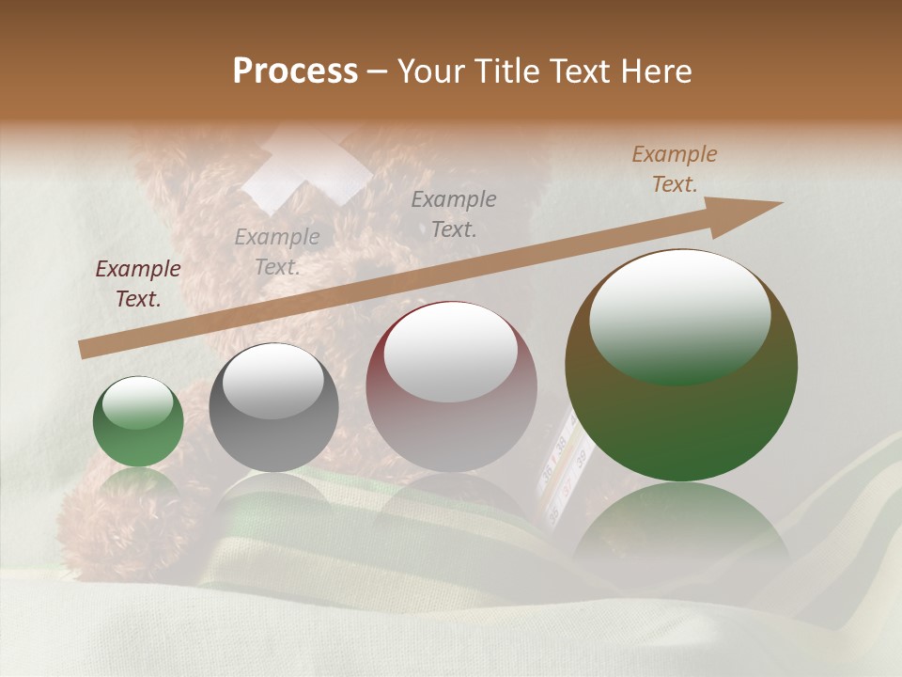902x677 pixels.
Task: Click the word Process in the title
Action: tap(295, 71)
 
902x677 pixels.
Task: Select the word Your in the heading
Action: tap(431, 71)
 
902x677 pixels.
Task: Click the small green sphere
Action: tap(138, 422)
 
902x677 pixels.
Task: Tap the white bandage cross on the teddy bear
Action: tap(306, 170)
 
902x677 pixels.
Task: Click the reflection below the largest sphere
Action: tap(681, 536)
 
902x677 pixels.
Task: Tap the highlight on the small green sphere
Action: tap(137, 401)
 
